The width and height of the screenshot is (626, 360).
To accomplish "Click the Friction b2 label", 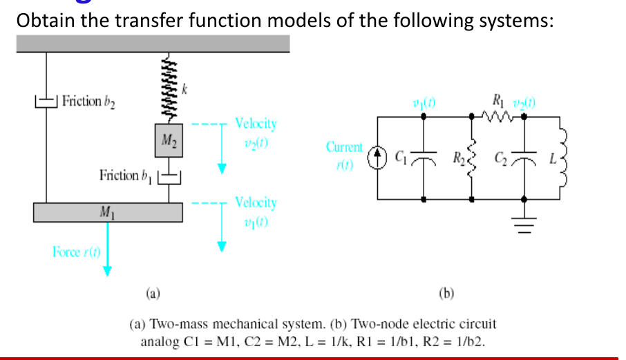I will pos(88,103).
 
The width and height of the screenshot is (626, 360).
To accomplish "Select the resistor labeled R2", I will pos(471,158).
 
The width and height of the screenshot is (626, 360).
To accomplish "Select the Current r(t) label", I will pos(344,153).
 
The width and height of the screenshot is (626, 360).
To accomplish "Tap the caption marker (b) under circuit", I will pos(447,294).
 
